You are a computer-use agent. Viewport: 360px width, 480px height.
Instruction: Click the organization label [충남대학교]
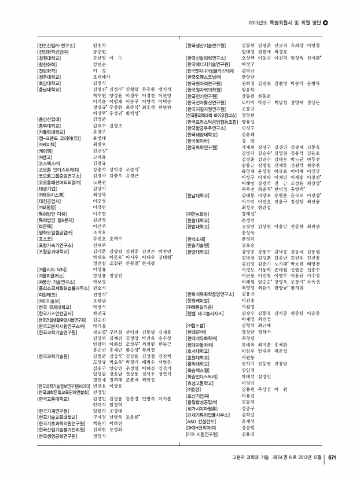pos(49,90)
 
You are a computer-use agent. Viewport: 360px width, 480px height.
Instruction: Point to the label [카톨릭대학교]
pos(50,131)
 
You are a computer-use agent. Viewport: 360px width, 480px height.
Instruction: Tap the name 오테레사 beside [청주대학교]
pos(102,76)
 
